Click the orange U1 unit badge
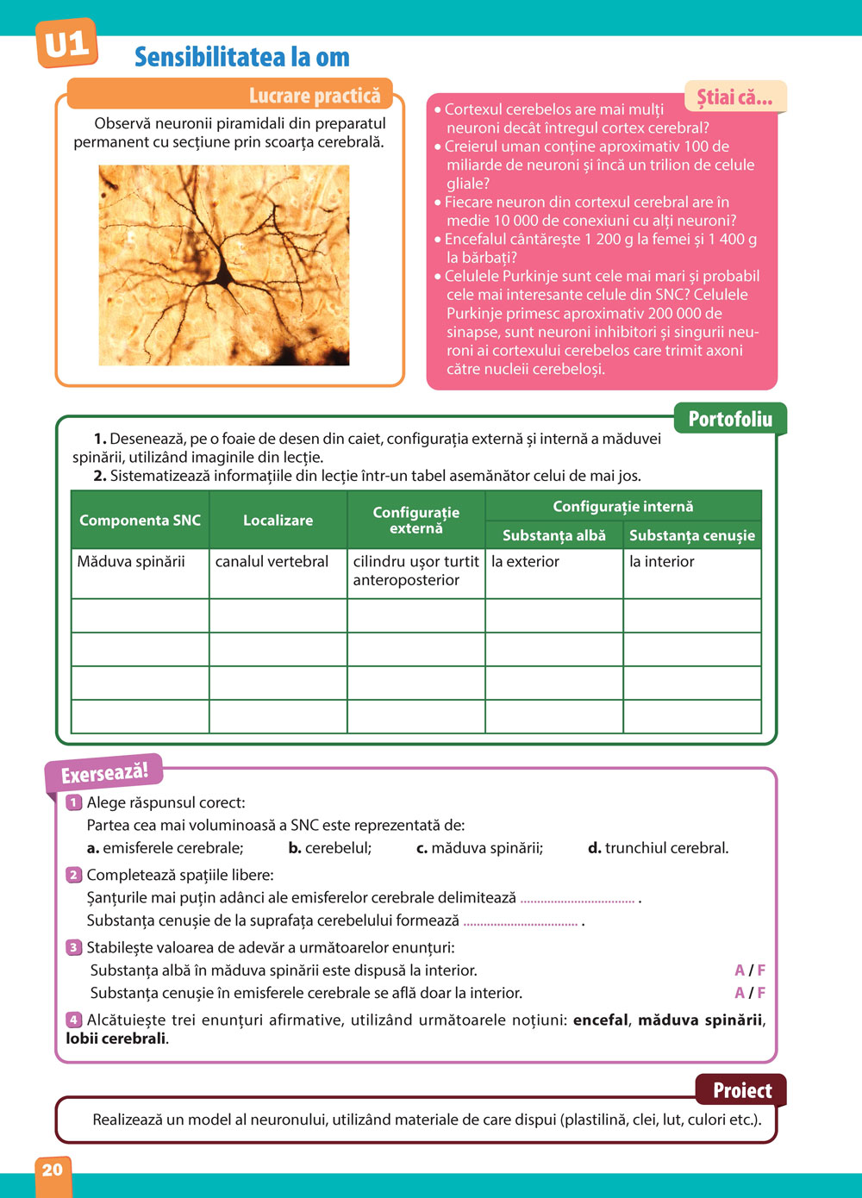tap(66, 44)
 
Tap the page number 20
tap(53, 1170)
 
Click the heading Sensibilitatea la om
tap(242, 58)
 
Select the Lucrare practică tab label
tap(315, 96)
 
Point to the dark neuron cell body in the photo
tap(225, 275)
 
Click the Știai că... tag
tap(734, 97)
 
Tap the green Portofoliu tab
tap(730, 420)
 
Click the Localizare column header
tap(278, 521)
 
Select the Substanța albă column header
tap(554, 535)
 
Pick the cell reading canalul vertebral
tap(272, 562)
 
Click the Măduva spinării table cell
tap(131, 562)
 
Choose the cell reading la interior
tap(662, 562)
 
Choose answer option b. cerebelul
tap(330, 848)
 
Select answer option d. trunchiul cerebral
tap(659, 848)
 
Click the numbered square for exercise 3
tap(74, 948)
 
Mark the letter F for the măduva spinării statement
tap(761, 970)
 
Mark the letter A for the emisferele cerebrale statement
tap(740, 993)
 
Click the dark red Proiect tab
tap(741, 1090)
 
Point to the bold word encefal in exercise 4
tap(601, 1020)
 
